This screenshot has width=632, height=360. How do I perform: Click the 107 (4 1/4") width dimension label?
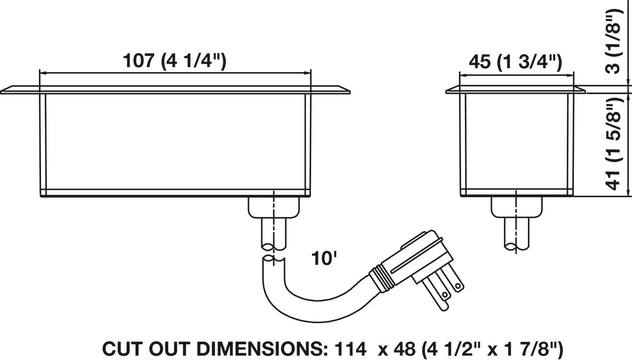(x=175, y=61)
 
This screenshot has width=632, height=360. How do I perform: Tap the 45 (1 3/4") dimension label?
(x=516, y=62)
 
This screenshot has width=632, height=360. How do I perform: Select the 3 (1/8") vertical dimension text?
(x=614, y=41)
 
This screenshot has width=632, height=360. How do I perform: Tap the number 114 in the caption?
(x=351, y=349)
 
